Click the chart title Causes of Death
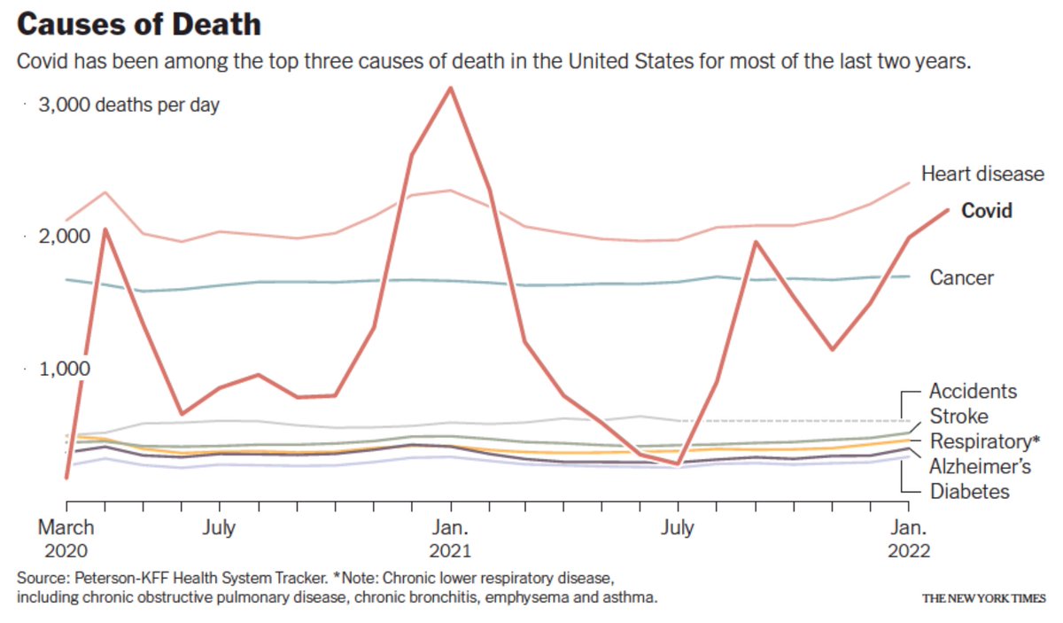coord(139,25)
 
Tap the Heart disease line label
coord(982,174)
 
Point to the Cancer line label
coord(961,278)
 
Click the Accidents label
coord(973,392)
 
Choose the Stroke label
coord(958,417)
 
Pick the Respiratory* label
coord(984,441)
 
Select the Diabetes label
coord(969,491)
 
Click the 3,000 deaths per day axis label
coord(128,105)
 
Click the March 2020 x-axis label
coord(66,539)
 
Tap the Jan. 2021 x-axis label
coord(451,539)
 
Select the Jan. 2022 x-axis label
coord(906,539)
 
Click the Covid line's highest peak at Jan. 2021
coord(451,88)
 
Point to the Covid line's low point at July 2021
coord(678,463)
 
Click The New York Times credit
coord(983,598)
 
